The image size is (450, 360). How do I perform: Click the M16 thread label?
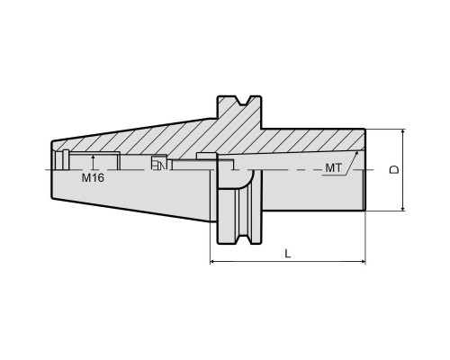coord(93,178)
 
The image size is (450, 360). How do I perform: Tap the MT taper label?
coord(333,168)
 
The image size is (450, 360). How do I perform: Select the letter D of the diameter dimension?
coord(394,169)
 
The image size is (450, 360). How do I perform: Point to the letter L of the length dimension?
coord(288,254)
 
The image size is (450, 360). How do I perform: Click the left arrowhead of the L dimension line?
coord(212,262)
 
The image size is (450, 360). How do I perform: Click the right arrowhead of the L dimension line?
coord(364,262)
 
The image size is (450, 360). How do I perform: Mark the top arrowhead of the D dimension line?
coord(403,131)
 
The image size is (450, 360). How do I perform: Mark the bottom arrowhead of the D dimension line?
coord(403,208)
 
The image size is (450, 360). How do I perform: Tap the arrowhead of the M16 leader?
coord(94,157)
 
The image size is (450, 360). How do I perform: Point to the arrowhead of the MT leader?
coord(356,153)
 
